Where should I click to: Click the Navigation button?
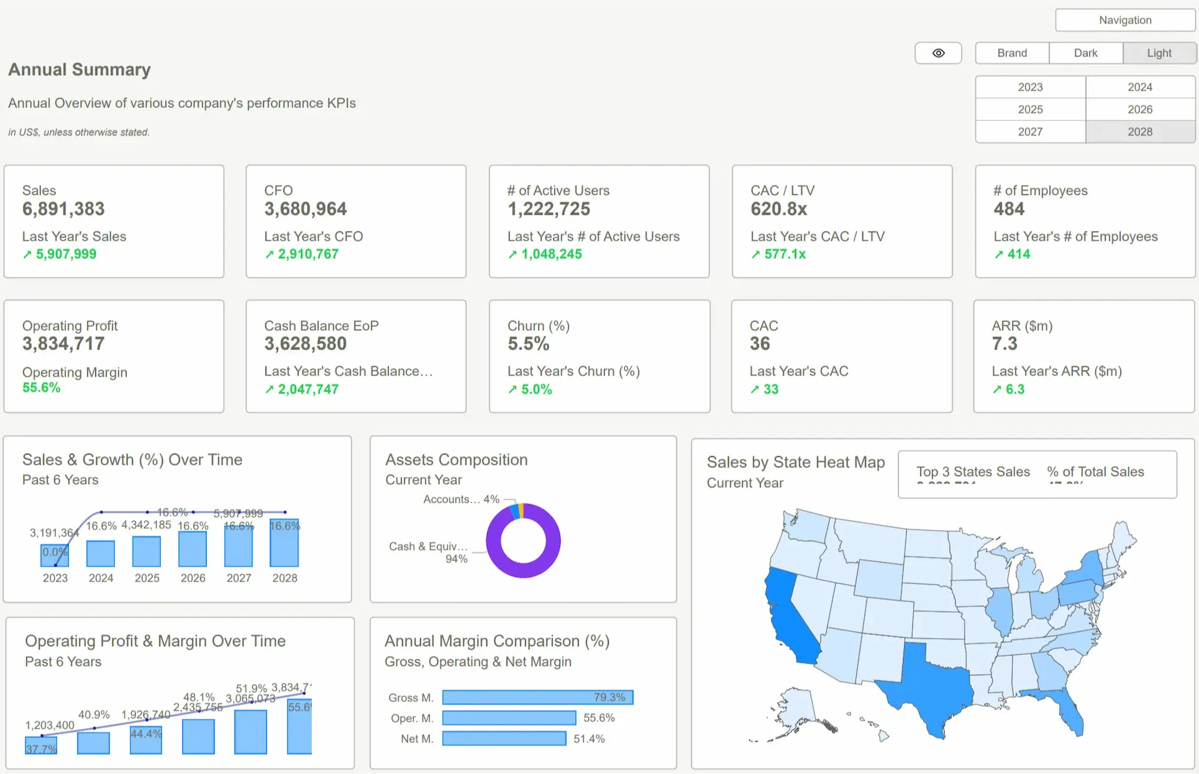pyautogui.click(x=1125, y=20)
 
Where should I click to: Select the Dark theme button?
pyautogui.click(x=1085, y=53)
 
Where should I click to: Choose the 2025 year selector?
pyautogui.click(x=1030, y=109)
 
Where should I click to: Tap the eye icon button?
pyautogui.click(x=938, y=53)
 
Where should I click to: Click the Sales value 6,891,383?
pyautogui.click(x=64, y=209)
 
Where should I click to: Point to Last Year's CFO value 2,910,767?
pyautogui.click(x=308, y=254)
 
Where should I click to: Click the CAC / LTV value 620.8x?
pyautogui.click(x=779, y=209)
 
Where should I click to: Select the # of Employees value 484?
pyautogui.click(x=1009, y=209)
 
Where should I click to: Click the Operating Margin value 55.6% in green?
pyautogui.click(x=41, y=388)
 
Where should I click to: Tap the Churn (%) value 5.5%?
pyautogui.click(x=528, y=344)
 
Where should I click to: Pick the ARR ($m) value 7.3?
pyautogui.click(x=1004, y=344)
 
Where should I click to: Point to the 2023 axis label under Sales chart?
pyautogui.click(x=55, y=578)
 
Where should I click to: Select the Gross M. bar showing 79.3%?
pyautogui.click(x=537, y=697)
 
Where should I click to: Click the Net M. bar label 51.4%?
pyautogui.click(x=589, y=739)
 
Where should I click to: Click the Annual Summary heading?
pyautogui.click(x=79, y=69)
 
